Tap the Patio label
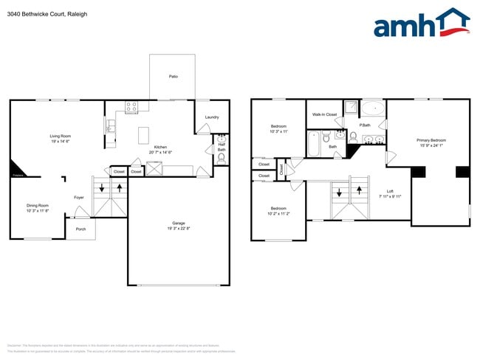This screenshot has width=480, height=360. click(173, 76)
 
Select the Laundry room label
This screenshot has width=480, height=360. click(211, 117)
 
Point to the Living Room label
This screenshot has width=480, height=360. click(60, 136)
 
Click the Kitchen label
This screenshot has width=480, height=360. click(160, 147)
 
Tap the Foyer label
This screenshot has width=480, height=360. click(78, 197)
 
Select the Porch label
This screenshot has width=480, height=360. click(80, 229)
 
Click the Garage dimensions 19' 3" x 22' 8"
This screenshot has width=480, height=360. click(178, 229)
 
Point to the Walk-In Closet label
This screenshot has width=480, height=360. click(324, 114)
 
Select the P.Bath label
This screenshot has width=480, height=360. click(365, 125)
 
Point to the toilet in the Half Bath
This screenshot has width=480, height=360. click(221, 156)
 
